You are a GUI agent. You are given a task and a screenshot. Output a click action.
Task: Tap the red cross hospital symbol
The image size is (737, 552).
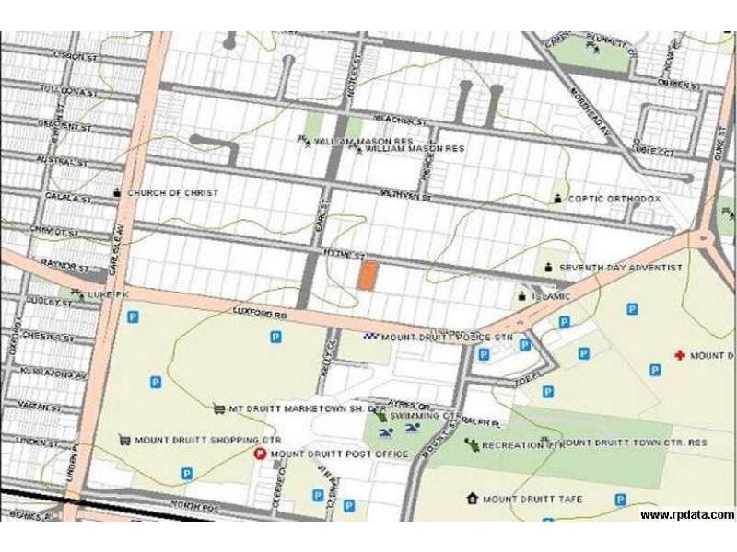click(680, 355)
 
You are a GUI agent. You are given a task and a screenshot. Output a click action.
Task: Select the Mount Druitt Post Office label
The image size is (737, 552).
click(339, 454)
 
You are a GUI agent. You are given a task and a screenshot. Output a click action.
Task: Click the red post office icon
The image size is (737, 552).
click(260, 454)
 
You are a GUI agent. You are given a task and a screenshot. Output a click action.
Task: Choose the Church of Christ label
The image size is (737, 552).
click(172, 193)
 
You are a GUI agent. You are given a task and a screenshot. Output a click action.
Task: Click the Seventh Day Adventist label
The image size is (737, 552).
click(620, 268)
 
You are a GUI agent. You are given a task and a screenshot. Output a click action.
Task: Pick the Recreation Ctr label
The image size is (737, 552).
click(522, 445)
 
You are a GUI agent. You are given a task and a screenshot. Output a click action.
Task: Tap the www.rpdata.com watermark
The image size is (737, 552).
click(687, 515)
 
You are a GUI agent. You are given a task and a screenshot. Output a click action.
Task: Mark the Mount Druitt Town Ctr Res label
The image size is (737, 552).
click(633, 443)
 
